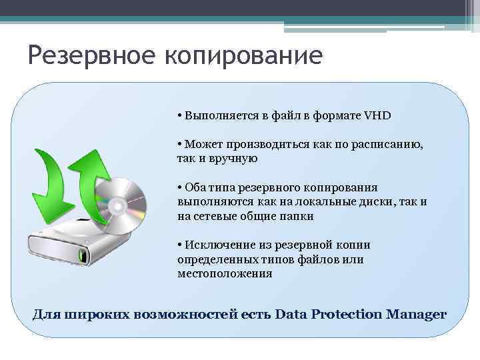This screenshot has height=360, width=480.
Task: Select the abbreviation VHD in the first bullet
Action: [x=377, y=115]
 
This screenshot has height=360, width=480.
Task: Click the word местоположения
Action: [x=225, y=273]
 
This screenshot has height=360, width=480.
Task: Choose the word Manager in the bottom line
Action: [x=416, y=313]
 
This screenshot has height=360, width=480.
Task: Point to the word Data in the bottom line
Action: [x=289, y=313]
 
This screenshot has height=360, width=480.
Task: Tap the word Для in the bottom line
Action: [x=47, y=313]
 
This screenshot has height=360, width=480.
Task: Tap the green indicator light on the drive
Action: [x=83, y=255]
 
